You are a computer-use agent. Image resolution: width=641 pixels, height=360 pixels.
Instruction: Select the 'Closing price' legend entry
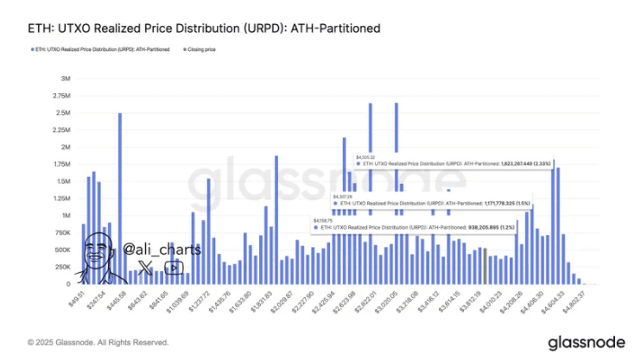[x=198, y=49]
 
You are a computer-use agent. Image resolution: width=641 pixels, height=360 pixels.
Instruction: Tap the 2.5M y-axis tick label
[x=62, y=113]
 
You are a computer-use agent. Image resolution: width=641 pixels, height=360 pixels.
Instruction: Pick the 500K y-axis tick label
[x=60, y=249]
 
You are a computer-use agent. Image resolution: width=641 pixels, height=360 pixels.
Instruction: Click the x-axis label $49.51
[x=73, y=295]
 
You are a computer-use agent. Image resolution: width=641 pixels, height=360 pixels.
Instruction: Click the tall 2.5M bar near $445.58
[x=119, y=199]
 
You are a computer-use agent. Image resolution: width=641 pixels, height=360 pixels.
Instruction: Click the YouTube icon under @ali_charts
[x=174, y=268]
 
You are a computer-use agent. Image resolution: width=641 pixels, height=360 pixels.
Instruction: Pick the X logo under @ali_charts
[x=145, y=268]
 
